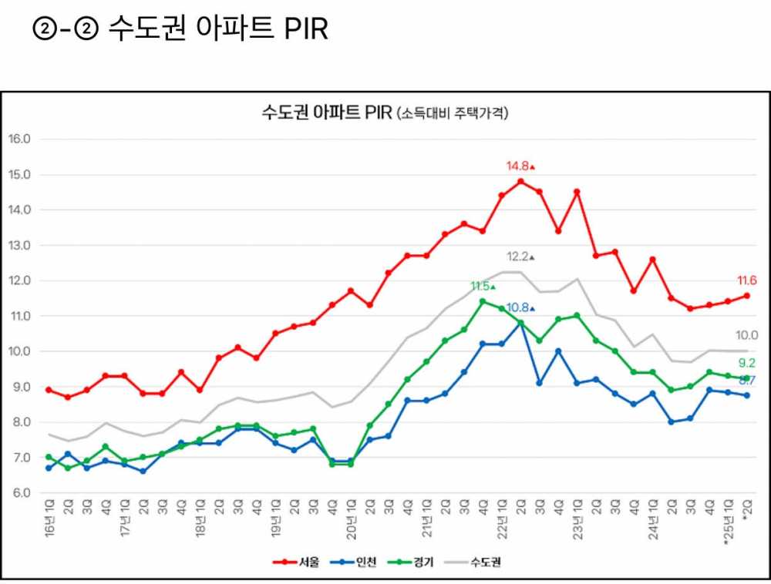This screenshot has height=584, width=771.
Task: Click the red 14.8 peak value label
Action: tap(517, 166)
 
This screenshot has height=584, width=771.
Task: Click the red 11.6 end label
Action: tap(746, 281)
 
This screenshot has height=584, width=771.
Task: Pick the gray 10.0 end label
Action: tap(747, 335)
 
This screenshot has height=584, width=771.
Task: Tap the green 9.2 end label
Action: tap(747, 363)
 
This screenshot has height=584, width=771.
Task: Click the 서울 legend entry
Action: tap(296, 561)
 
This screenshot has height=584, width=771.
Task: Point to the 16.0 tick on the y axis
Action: tap(19, 139)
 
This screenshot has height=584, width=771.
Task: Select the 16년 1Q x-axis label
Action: tap(49, 520)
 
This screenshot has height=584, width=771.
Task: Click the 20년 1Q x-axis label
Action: tap(351, 520)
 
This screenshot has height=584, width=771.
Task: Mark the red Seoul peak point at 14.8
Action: tap(520, 182)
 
